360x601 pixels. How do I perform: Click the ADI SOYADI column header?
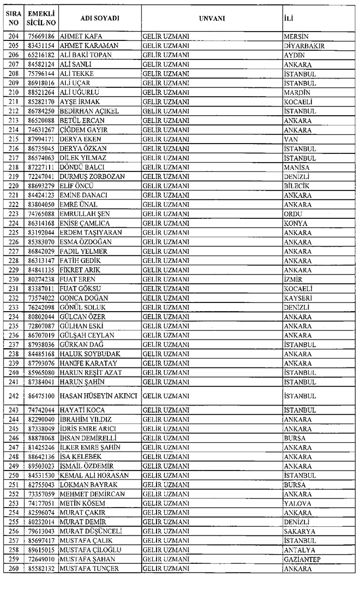99,18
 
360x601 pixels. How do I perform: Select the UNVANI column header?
212,18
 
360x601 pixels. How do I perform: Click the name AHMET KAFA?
83,37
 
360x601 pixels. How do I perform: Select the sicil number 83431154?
43,46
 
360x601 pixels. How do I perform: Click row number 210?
13,92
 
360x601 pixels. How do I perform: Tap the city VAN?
291,139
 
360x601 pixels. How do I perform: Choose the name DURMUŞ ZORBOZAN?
92,176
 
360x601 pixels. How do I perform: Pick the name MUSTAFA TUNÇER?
89,569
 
